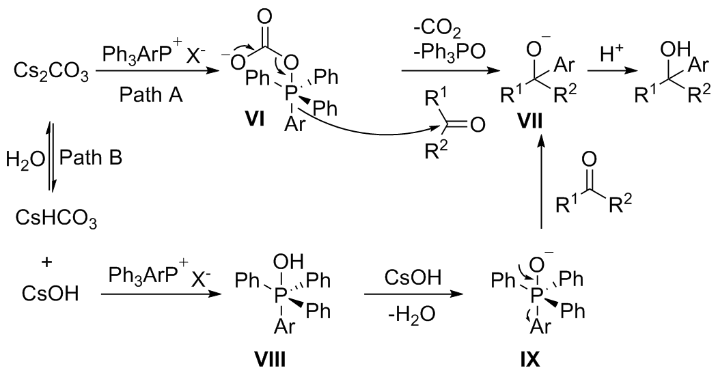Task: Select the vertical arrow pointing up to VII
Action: coord(540,184)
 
